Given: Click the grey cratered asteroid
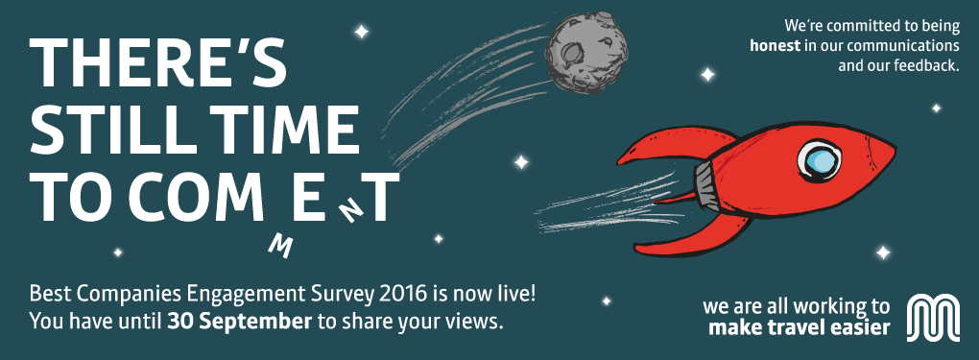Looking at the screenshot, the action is point(586,53).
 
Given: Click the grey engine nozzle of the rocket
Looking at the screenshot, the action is point(705,183).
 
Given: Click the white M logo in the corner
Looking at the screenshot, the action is point(933,318).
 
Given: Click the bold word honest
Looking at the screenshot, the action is point(775,46).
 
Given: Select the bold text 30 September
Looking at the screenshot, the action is point(239,323).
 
